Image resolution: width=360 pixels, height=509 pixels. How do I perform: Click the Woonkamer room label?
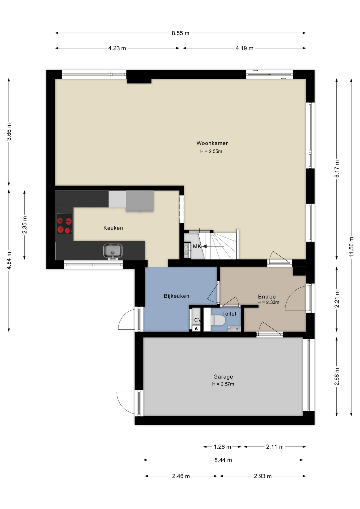(x=212, y=143)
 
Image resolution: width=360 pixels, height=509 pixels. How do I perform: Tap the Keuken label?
(x=113, y=228)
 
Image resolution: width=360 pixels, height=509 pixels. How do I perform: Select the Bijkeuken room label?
(x=177, y=296)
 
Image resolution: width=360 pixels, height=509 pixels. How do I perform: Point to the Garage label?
(x=223, y=377)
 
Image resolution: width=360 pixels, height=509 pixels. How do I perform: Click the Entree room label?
(x=267, y=297)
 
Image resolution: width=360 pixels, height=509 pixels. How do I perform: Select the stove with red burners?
(x=64, y=223)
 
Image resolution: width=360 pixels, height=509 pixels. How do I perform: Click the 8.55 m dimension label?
(x=181, y=33)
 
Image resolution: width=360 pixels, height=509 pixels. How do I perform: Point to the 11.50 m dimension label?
(x=351, y=247)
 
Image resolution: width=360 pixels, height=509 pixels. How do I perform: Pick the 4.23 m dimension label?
(x=117, y=48)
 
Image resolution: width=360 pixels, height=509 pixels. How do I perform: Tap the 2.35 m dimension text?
(x=24, y=225)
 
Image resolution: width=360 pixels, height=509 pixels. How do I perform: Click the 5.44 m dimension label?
(x=223, y=460)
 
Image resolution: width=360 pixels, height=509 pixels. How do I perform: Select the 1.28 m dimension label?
(x=222, y=447)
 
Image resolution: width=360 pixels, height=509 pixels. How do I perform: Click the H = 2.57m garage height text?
(x=223, y=384)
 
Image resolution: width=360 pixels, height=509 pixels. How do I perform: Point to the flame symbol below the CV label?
(x=196, y=328)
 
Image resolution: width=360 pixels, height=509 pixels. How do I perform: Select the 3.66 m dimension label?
(x=9, y=132)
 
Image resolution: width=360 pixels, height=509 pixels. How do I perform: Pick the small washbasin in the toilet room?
(x=234, y=329)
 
